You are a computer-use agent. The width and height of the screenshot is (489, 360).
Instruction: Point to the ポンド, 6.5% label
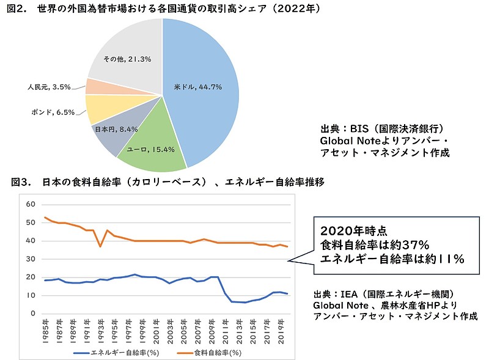(x=53, y=112)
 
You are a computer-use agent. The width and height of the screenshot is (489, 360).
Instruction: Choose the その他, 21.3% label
(x=127, y=59)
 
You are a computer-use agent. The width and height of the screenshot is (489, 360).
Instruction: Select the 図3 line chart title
(x=168, y=182)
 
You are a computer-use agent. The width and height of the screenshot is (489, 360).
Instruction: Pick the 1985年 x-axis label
(x=46, y=328)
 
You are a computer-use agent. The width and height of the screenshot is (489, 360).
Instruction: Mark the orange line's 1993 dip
(x=100, y=246)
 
